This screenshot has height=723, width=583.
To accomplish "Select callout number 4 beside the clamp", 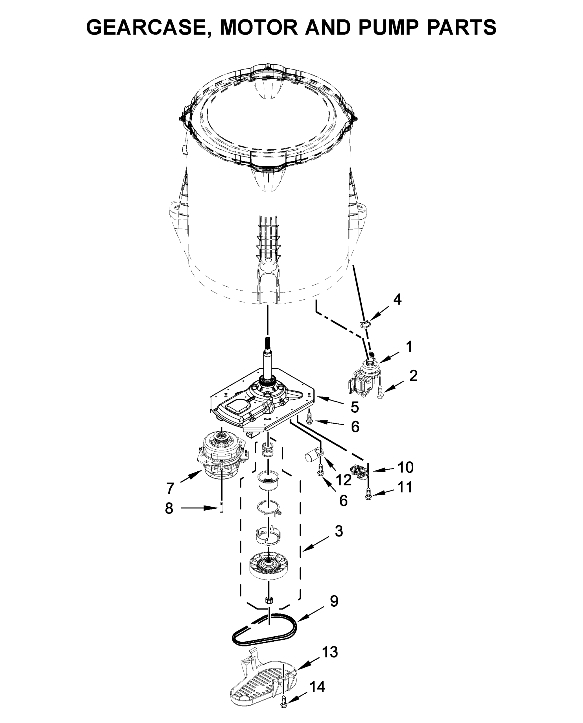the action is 397,299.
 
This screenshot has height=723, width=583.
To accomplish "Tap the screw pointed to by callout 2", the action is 380,392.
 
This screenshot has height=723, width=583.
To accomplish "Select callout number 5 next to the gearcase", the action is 355,407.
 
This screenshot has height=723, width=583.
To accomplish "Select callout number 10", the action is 405,467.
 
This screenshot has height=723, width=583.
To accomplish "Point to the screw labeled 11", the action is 369,495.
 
